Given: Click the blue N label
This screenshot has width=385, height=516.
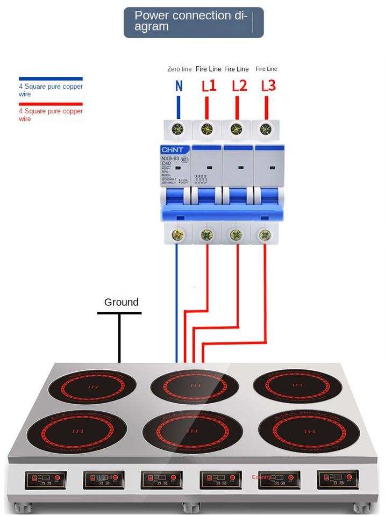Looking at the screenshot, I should click(179, 85).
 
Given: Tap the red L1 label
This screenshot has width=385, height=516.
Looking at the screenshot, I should click(209, 85).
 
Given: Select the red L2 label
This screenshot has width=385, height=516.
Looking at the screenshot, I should click(239, 85).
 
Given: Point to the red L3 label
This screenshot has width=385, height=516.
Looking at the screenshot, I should click(268, 85).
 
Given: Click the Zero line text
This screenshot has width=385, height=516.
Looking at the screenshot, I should click(179, 69).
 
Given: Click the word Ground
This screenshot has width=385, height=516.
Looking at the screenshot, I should click(121, 302).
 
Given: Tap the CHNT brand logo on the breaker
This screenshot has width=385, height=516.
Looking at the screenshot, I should click(173, 150).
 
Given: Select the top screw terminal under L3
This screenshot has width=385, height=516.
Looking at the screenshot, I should click(265, 129).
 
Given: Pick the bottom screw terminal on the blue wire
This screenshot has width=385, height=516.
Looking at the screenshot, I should click(177, 235).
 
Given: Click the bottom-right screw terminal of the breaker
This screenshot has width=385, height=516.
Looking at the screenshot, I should click(264, 235).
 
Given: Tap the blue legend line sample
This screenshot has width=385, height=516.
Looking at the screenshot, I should click(51, 78).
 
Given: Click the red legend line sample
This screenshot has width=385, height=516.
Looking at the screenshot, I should click(51, 104).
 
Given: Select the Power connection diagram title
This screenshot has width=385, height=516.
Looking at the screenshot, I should click(194, 22).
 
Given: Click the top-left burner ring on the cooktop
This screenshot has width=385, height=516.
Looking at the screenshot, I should click(89, 386).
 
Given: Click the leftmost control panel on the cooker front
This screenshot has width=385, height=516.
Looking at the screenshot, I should click(46, 479).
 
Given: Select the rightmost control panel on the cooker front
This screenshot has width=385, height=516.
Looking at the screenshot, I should click(338, 478).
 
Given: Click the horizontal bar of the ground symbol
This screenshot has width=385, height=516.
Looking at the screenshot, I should click(119, 313).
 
